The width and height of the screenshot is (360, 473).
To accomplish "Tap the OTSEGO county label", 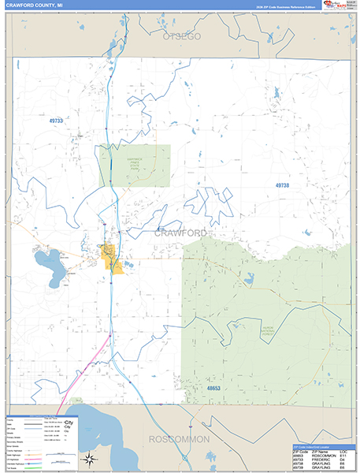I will [182, 37].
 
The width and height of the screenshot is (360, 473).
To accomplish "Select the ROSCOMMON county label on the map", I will [180, 438].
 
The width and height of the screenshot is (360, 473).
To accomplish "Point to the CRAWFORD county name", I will [180, 233].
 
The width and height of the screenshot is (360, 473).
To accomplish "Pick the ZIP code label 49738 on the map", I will [282, 184].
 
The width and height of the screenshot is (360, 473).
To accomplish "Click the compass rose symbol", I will [90, 459].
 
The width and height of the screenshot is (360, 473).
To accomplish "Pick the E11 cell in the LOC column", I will [344, 456].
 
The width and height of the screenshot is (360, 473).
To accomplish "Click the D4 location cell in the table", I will [343, 460].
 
